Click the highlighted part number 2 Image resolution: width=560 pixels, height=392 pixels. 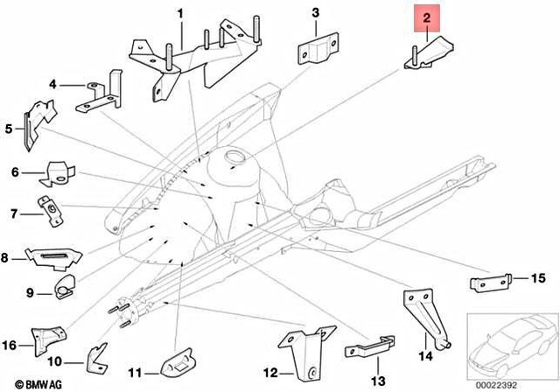click(x=426, y=17)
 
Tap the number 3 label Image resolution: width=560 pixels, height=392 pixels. click(x=317, y=12)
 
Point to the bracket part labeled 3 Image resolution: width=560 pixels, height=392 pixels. click(x=317, y=51)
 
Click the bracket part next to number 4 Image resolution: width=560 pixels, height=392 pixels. click(x=96, y=98)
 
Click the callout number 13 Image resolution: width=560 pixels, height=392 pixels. click(x=378, y=381)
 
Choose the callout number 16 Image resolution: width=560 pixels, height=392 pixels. click(x=11, y=344)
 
